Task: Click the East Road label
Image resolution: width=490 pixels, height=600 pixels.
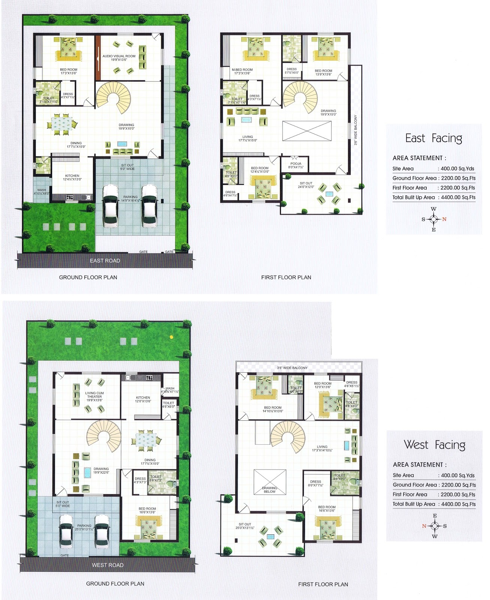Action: click(105, 261)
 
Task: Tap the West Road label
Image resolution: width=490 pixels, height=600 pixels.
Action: click(108, 565)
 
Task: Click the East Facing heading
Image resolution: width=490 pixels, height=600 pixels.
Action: click(433, 138)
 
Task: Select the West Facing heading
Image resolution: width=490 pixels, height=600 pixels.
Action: click(434, 445)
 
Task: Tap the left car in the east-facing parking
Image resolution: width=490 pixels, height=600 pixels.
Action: click(111, 205)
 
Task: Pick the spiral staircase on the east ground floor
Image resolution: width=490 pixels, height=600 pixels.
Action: click(113, 98)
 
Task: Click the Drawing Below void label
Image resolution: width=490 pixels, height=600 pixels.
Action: click(269, 490)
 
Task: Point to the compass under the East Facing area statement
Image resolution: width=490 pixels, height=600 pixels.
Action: click(433, 219)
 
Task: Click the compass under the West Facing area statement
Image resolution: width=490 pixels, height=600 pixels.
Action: click(434, 526)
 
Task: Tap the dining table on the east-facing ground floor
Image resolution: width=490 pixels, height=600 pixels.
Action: click(62, 124)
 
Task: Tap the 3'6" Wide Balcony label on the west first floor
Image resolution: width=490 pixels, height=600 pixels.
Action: click(292, 368)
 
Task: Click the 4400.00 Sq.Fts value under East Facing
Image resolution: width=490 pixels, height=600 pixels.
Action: click(458, 197)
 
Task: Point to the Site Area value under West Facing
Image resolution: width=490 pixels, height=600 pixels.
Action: click(458, 475)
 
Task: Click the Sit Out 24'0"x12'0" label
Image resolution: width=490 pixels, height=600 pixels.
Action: click(306, 185)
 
